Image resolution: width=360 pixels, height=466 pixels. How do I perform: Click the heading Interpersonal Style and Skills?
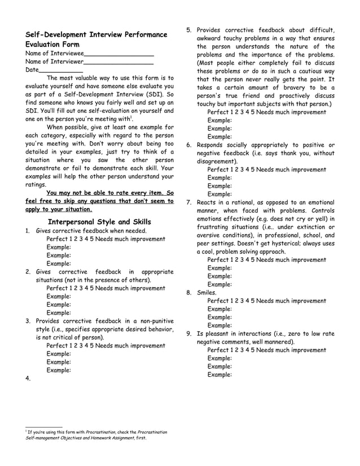coord(100,222)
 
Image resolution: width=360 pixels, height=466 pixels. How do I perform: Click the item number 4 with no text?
coord(28,379)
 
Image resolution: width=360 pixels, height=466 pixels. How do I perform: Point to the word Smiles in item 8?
coord(207,293)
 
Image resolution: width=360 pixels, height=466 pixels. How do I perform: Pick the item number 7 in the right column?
coord(190,203)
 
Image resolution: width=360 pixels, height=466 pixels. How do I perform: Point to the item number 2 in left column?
coord(28,271)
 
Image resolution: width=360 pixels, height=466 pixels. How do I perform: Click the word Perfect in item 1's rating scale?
coord(58,239)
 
